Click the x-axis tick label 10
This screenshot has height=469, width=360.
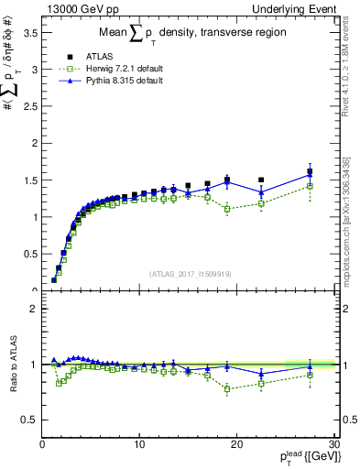139,443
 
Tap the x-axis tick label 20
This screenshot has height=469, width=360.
236,443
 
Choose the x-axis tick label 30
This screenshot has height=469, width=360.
333,443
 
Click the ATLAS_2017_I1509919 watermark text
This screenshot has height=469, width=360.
188,273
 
